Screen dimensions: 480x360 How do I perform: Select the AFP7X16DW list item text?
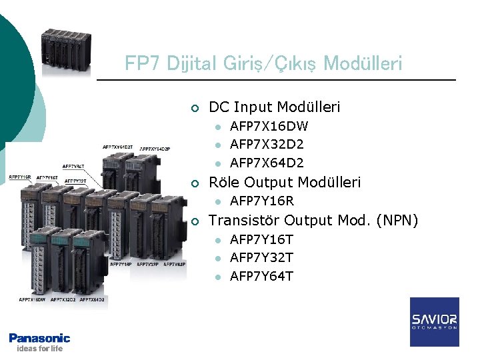click(269, 126)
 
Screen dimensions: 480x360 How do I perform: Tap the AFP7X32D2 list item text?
click(267, 144)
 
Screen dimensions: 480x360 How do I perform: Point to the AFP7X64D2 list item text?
click(267, 163)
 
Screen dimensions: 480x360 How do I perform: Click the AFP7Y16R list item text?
click(262, 201)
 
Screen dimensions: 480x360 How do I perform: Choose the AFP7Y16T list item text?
click(261, 239)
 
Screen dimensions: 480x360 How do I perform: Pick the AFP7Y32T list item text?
click(261, 257)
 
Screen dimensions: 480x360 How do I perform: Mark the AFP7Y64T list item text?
click(261, 276)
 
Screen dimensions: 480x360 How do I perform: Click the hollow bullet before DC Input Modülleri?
click(193, 108)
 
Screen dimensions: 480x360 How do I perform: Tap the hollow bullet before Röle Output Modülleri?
click(193, 183)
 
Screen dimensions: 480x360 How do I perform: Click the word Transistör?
click(245, 221)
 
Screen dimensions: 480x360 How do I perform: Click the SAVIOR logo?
click(434, 321)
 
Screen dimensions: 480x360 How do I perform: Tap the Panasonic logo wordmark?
click(39, 338)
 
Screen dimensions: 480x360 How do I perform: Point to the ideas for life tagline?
click(39, 348)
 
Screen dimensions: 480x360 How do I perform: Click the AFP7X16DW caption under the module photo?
click(32, 300)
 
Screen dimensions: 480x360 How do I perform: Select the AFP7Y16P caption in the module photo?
click(119, 265)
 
